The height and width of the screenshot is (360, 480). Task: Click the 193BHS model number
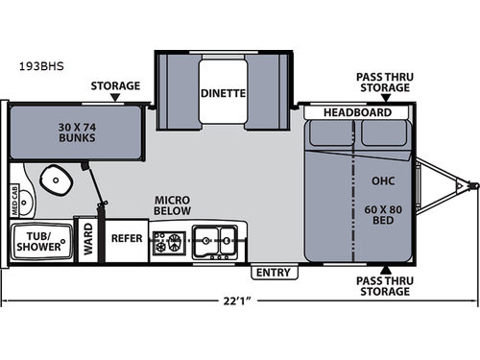click(41, 66)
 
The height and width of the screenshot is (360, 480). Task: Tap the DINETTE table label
click(223, 93)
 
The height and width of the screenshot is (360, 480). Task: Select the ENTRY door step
click(275, 273)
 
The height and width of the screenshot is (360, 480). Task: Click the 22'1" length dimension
click(237, 301)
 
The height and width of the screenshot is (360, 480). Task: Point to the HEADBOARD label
click(357, 112)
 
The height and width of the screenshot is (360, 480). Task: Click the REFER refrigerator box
click(127, 241)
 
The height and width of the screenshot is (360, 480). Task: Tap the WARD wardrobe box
click(88, 240)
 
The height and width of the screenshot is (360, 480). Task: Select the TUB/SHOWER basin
click(41, 242)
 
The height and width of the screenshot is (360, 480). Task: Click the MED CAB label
click(14, 200)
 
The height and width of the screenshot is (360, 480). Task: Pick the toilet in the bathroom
click(56, 180)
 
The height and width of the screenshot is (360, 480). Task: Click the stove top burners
click(169, 243)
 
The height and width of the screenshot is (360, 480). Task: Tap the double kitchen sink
click(215, 242)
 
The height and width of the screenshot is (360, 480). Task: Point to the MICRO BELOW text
click(173, 205)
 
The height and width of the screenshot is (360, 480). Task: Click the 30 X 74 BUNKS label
click(77, 132)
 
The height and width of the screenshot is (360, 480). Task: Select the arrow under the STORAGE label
click(115, 97)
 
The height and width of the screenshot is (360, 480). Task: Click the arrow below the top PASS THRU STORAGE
click(386, 98)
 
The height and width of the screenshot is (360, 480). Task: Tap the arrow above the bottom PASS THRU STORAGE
click(386, 270)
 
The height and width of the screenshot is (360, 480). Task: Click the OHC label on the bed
click(383, 181)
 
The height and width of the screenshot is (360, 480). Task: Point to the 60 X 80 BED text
click(383, 215)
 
